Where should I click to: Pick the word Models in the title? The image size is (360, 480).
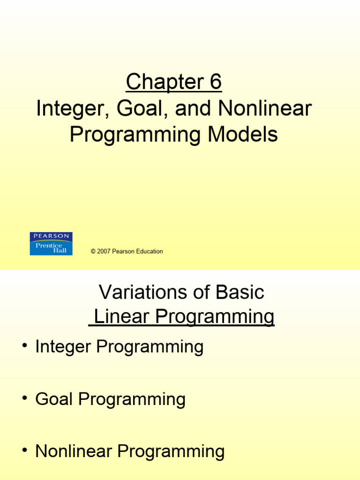243,135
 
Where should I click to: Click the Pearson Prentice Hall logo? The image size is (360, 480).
51,244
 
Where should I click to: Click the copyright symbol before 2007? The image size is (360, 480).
93,252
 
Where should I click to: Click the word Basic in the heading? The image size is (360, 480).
240,292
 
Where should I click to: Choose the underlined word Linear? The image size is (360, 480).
122,317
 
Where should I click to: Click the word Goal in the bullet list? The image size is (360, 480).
54,399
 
